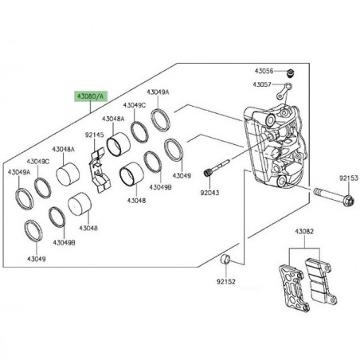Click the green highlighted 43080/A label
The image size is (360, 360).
click(89, 95)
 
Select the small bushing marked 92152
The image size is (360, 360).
click(225, 260)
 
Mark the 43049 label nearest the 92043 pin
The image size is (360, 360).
click(183, 176)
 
